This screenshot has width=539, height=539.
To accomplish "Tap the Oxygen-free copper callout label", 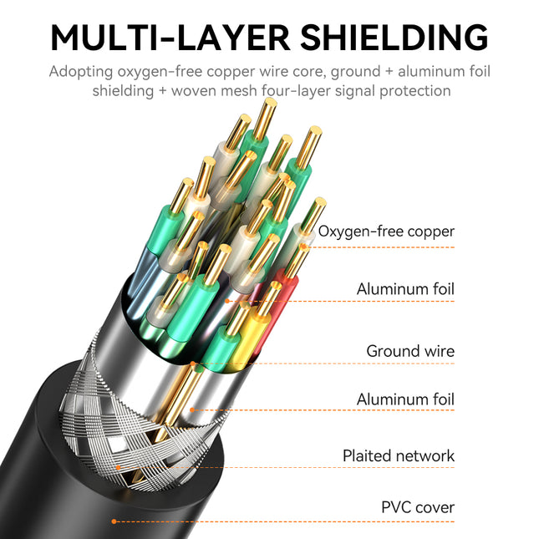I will (386, 231).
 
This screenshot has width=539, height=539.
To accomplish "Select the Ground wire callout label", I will (410, 351).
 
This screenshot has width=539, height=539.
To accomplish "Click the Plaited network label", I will (399, 455).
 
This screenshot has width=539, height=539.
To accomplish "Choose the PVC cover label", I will (418, 506).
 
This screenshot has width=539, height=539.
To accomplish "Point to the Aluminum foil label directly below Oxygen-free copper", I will (405, 289).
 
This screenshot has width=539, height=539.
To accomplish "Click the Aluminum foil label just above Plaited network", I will (405, 399).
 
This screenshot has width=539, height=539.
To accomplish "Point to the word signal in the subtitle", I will (360, 91).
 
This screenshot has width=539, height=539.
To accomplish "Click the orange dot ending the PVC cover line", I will (114, 521).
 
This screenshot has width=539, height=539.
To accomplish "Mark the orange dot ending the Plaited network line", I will (118, 467).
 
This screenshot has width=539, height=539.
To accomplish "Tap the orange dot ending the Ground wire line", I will (193, 365).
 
